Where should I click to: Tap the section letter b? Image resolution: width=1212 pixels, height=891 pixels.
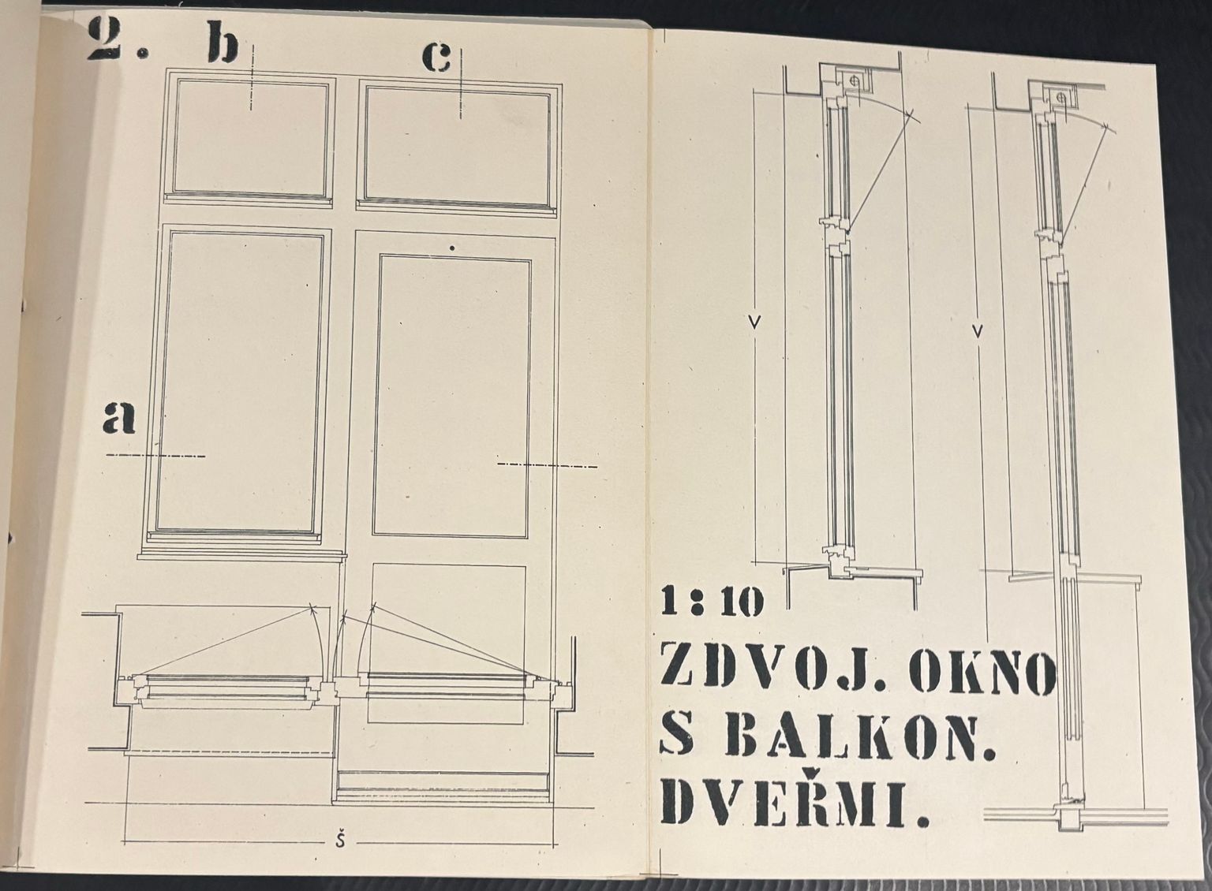click(223, 43)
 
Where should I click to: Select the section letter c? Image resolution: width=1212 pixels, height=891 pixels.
click(436, 58)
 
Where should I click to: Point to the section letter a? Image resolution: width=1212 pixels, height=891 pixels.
click(118, 416)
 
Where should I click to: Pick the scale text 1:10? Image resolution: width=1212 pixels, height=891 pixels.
click(711, 603)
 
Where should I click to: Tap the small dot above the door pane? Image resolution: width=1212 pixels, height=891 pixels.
click(452, 248)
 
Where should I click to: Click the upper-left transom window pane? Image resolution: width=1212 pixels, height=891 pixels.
click(250, 140)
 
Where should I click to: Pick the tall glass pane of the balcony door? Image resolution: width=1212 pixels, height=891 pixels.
click(451, 397)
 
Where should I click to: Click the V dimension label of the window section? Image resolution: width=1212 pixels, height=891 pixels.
click(755, 322)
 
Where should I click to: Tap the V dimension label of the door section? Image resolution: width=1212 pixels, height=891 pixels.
click(978, 330)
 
